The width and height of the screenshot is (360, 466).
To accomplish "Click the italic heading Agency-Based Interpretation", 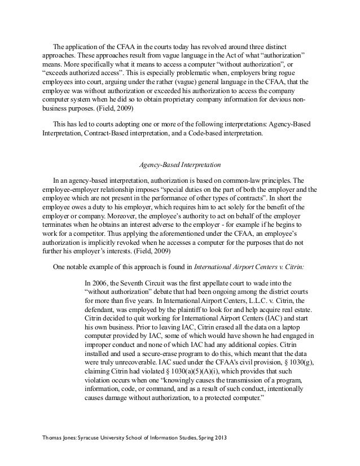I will pyautogui.click(x=179, y=165).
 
